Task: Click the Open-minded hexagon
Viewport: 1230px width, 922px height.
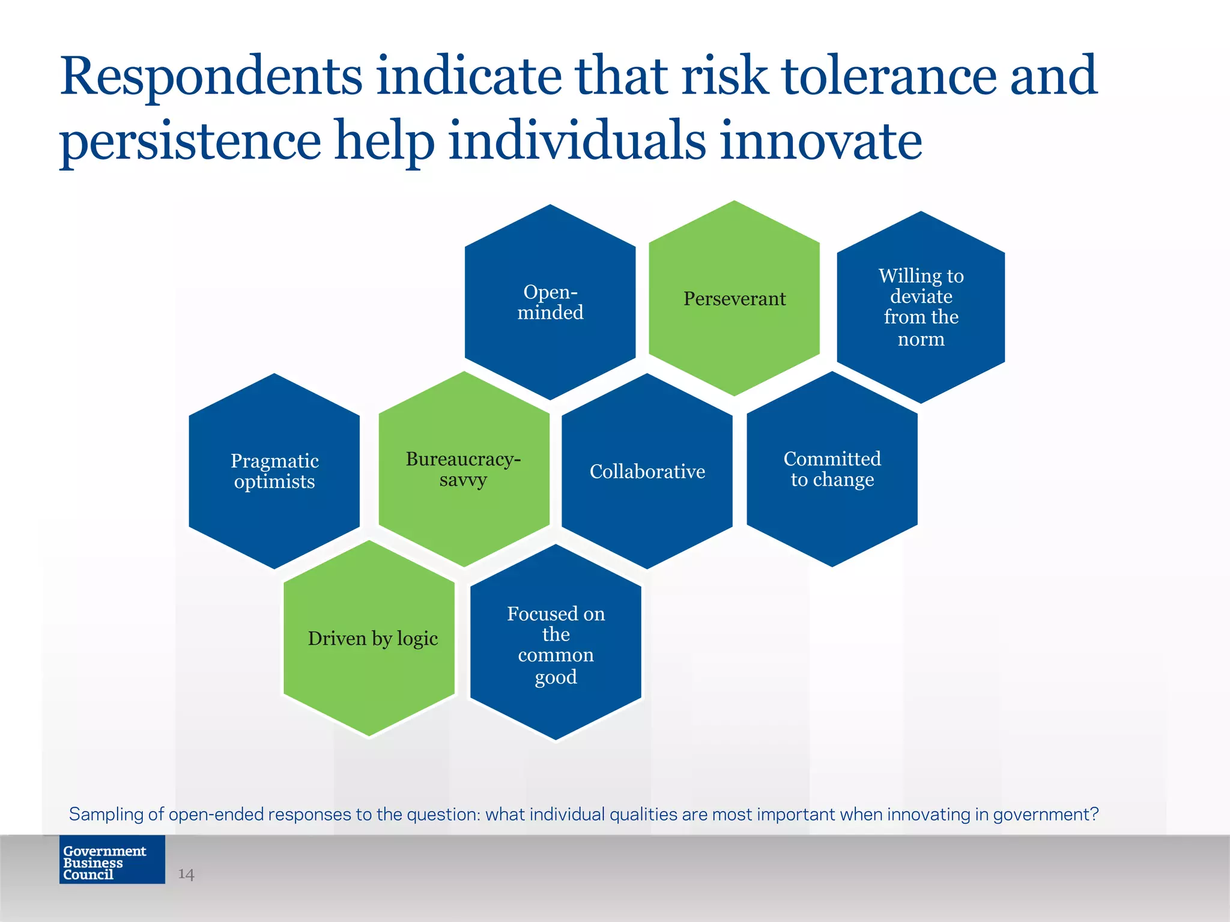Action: pyautogui.click(x=550, y=302)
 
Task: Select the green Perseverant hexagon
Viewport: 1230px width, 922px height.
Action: pyautogui.click(x=734, y=298)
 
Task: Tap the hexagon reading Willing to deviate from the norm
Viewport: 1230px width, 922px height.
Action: pyautogui.click(x=921, y=307)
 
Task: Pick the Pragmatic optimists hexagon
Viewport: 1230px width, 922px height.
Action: pyautogui.click(x=274, y=471)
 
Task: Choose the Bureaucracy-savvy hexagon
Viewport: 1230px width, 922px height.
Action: pyautogui.click(x=464, y=469)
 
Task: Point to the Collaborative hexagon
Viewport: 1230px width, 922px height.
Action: pyautogui.click(x=647, y=471)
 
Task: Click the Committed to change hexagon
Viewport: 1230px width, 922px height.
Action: pyautogui.click(x=832, y=469)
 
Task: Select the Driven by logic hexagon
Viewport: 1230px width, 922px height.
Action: pyautogui.click(x=369, y=638)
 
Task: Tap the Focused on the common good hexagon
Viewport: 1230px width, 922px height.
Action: pyautogui.click(x=556, y=642)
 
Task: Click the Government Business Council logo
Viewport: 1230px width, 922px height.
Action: pyautogui.click(x=112, y=860)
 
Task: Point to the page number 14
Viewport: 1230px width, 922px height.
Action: pyautogui.click(x=186, y=874)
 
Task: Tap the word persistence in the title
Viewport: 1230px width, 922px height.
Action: pyautogui.click(x=190, y=143)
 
